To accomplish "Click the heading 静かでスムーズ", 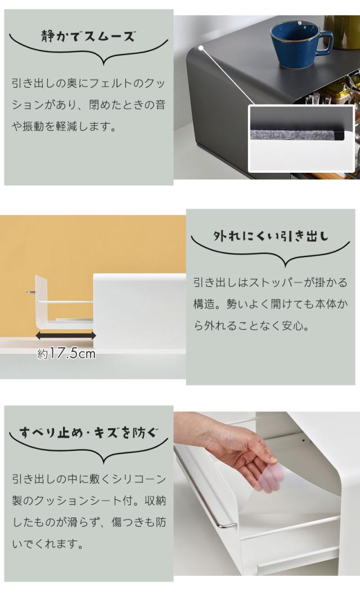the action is (x=88, y=37).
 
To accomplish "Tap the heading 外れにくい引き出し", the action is (x=271, y=236).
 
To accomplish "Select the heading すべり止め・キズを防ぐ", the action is (x=88, y=433).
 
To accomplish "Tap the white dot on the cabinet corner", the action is (x=201, y=48).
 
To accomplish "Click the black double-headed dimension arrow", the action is (x=65, y=336).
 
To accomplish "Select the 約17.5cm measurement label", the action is (x=66, y=353).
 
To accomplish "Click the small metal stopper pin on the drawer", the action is (x=30, y=293).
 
